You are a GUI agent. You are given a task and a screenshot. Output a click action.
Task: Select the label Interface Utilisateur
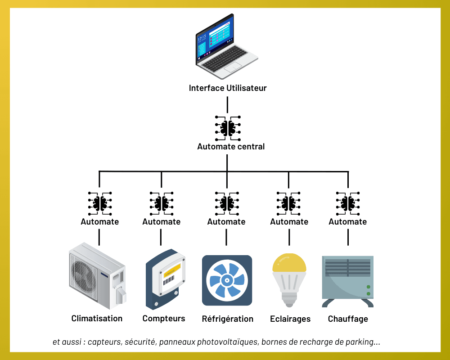pos(228,88)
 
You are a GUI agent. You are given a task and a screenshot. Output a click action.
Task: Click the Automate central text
pos(231,147)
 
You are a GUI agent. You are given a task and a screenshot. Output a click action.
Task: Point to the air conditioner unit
pos(97,275)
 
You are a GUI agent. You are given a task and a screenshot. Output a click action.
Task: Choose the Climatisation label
pos(97,319)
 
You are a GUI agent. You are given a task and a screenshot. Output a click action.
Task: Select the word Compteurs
pos(164,319)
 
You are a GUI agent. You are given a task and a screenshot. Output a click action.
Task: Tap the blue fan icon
pos(227,280)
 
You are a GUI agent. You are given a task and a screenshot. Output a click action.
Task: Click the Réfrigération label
pos(228,319)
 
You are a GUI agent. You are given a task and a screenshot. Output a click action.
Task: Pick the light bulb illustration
pos(289,279)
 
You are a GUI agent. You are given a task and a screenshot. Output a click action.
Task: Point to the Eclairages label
pos(290,319)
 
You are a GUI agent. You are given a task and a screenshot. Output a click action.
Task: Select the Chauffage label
pos(348,319)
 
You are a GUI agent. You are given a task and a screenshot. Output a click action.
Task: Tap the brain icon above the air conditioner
pos(100,203)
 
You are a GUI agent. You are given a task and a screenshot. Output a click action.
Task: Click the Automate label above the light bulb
pos(289,222)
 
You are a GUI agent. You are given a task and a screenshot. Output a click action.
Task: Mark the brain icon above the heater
pos(348,203)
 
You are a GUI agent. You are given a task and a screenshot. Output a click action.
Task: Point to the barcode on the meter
pos(168,280)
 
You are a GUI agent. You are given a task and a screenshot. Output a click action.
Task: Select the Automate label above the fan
pos(226,222)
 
